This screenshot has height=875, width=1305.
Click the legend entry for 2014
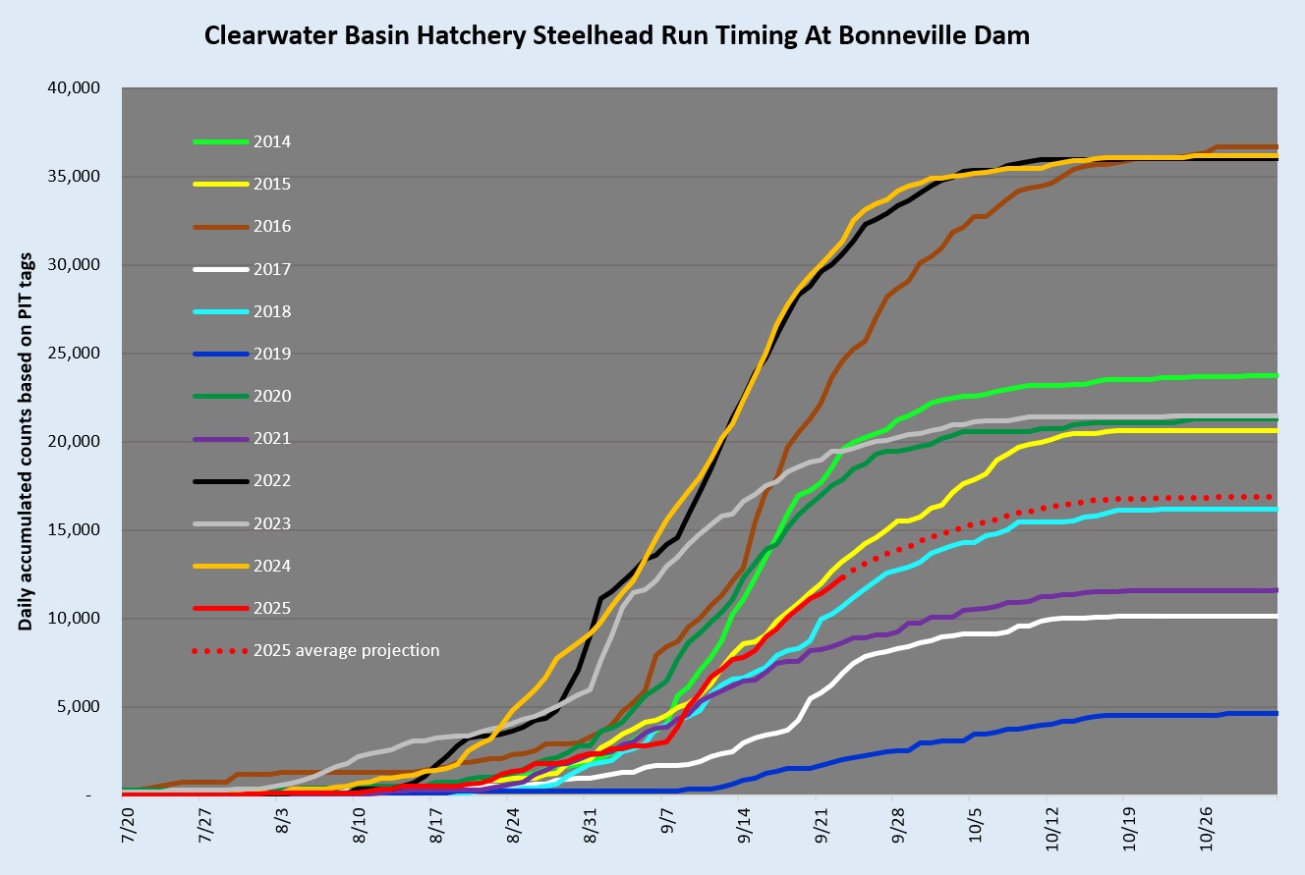pyautogui.click(x=272, y=142)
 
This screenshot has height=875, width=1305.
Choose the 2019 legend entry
pyautogui.click(x=272, y=355)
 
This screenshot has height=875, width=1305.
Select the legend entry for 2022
pyautogui.click(x=272, y=481)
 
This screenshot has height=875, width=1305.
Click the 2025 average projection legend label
pyautogui.click(x=346, y=651)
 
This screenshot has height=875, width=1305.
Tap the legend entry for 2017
pyautogui.click(x=272, y=269)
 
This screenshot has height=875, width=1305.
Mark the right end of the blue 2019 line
pyautogui.click(x=1276, y=713)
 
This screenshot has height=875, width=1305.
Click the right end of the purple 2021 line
pyautogui.click(x=1276, y=590)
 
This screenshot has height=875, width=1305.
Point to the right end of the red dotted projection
pyautogui.click(x=1275, y=496)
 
